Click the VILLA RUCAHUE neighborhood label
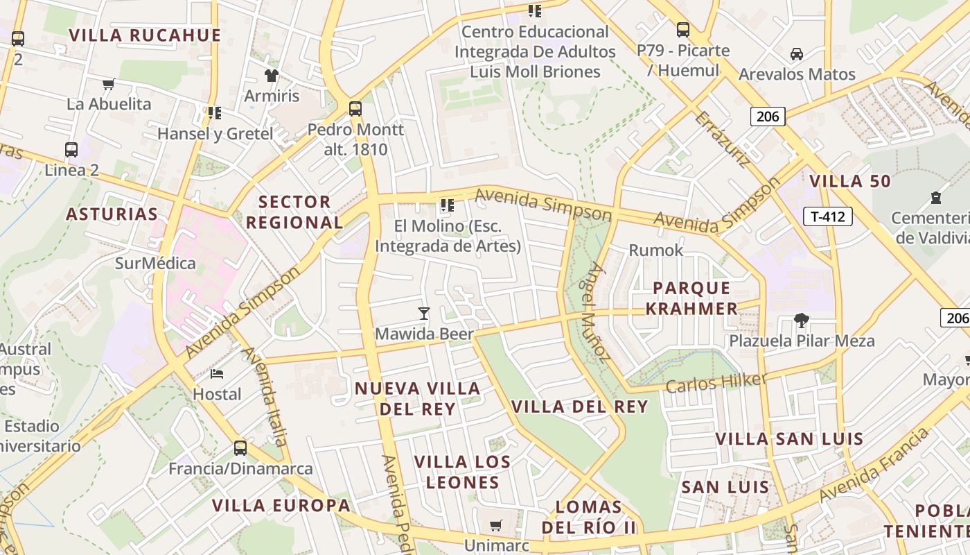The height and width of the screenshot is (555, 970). tap(145, 35)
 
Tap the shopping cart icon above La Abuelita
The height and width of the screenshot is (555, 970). tap(108, 85)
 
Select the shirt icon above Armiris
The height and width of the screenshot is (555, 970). tap(271, 75)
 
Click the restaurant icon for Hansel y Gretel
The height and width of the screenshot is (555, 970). tap(215, 112)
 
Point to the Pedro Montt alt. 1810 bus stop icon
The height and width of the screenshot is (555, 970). tap(355, 109)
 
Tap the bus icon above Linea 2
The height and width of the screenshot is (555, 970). tap(71, 149)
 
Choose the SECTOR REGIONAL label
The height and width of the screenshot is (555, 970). tap(294, 212)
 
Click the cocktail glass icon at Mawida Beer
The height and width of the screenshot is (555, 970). tap(424, 314)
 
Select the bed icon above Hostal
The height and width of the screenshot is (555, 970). tap(217, 374)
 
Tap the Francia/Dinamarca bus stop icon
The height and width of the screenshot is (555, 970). tap(240, 447)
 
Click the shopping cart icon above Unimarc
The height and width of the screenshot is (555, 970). tap(495, 526)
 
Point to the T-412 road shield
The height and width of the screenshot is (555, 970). tap(827, 216)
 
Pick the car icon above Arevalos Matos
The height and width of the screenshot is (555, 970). tap(797, 53)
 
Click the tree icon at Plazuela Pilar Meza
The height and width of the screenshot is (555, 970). tap(802, 321)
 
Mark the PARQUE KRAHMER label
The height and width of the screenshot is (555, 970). tap(691, 298)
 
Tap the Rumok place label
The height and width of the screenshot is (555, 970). tap(655, 250)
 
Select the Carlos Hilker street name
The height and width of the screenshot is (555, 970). tap(716, 382)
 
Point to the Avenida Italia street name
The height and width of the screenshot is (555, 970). tap(264, 395)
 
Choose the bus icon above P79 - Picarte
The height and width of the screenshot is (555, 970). tap(683, 30)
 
